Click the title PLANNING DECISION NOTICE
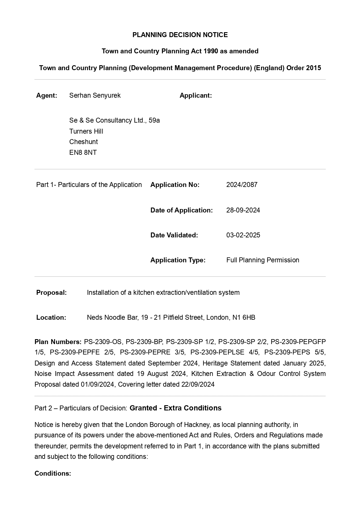[x=180, y=35]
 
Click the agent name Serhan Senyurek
[x=95, y=95]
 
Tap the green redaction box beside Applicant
[x=261, y=121]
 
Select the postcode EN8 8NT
[x=83, y=152]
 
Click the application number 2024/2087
[x=242, y=185]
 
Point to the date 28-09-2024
[x=243, y=210]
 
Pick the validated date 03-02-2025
[x=243, y=235]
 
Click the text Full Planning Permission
[x=263, y=260]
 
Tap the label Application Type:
[x=178, y=260]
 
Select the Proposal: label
[x=51, y=292]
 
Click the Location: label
[x=51, y=317]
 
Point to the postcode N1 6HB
[x=244, y=317]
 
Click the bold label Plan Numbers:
[x=58, y=342]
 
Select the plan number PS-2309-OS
[x=103, y=342]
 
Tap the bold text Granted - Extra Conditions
[x=175, y=408]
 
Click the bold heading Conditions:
[x=53, y=473]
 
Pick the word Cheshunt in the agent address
[x=83, y=142]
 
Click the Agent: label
[x=47, y=95]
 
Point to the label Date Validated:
[x=174, y=235]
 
